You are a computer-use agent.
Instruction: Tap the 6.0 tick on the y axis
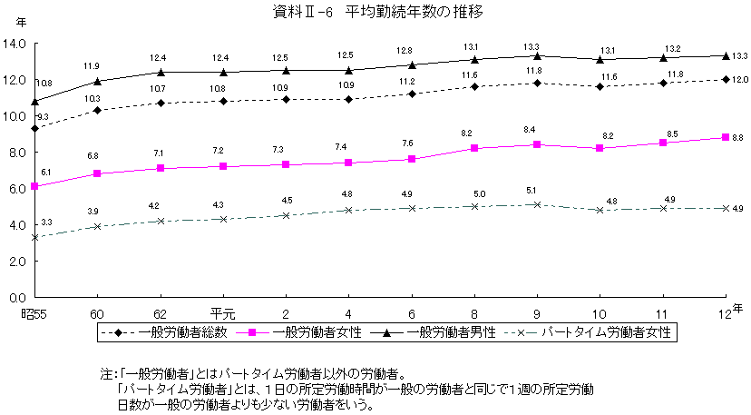[x=17, y=189]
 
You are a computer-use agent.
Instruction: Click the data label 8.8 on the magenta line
[x=737, y=137]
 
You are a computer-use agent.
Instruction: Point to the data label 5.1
[x=531, y=191]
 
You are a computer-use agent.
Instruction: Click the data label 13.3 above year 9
[x=531, y=46]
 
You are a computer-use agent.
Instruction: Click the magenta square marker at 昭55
[x=34, y=186]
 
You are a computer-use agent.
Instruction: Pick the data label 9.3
[x=42, y=117]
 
